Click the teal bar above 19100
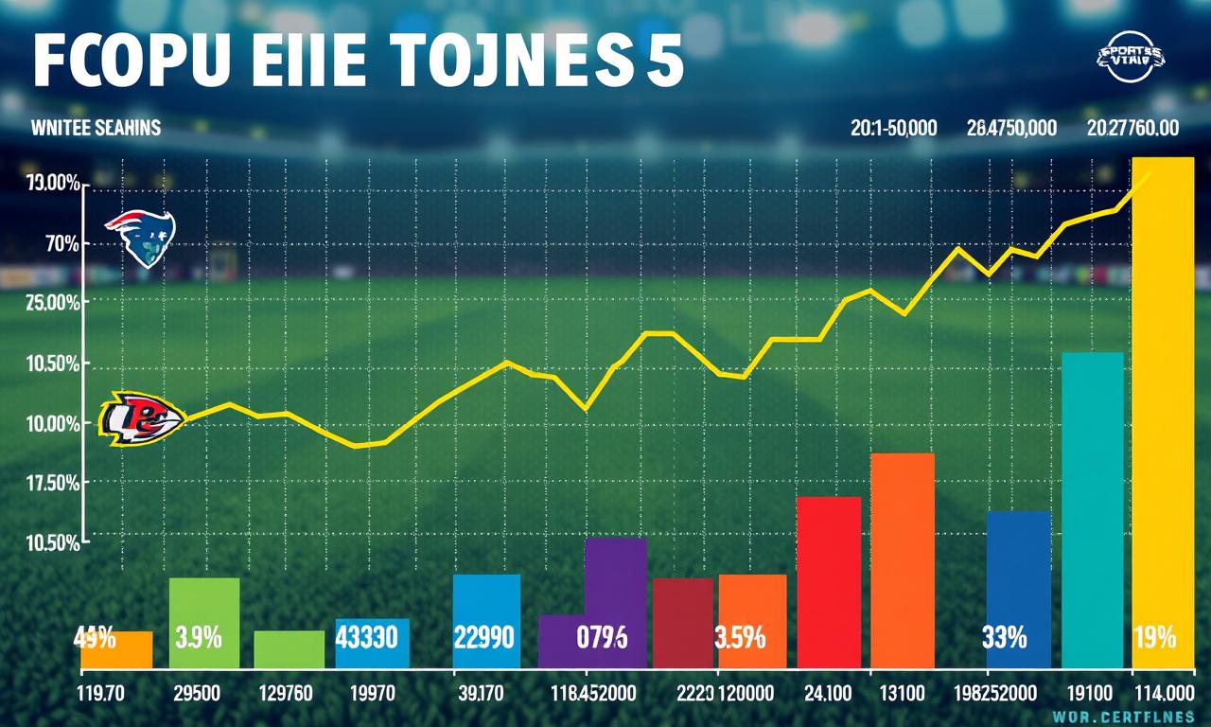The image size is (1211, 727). click(x=1093, y=511)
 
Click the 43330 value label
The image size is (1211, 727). click(x=372, y=637)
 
